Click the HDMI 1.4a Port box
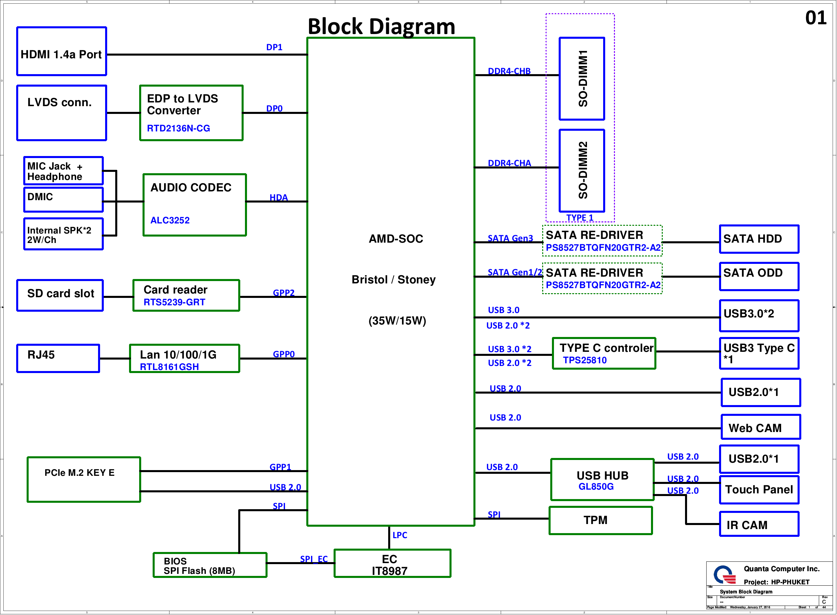61,51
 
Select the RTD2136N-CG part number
178,128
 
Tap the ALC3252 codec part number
170,220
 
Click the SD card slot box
60,295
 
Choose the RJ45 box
58,358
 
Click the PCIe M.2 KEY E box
84,479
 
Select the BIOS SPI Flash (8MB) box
210,565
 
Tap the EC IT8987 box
392,563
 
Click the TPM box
601,520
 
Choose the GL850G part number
596,487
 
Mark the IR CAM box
759,524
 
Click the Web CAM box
760,427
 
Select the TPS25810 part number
585,360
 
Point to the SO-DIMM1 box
582,79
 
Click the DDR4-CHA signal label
509,163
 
